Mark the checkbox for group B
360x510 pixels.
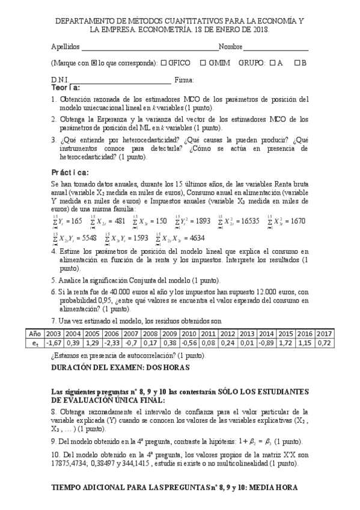pyautogui.click(x=297, y=63)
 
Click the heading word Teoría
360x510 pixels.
pyautogui.click(x=66, y=88)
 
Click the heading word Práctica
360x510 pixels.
pyautogui.click(x=70, y=172)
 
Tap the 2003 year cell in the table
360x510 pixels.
pyautogui.click(x=54, y=333)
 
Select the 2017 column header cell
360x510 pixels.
pyautogui.click(x=325, y=333)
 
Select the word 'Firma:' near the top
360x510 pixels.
pyautogui.click(x=184, y=79)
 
